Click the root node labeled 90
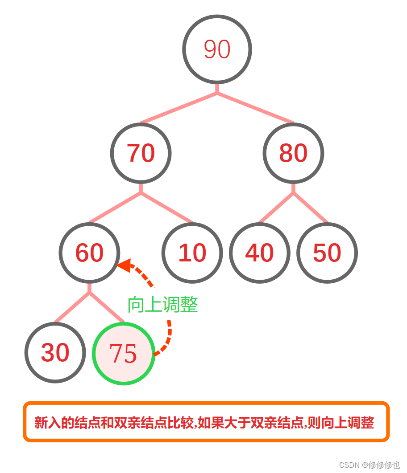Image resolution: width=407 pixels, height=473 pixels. point(217,49)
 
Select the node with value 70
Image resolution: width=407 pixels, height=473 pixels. point(141,153)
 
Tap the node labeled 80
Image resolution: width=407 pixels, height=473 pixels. point(293,153)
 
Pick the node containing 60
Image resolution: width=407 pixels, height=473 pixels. point(89,253)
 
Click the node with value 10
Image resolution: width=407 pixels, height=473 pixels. point(192,253)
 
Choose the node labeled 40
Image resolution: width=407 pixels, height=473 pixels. point(259,253)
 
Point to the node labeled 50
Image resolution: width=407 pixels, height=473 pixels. point(327,253)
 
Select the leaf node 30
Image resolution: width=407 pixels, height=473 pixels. point(55,352)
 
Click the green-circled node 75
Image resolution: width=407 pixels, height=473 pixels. point(123,353)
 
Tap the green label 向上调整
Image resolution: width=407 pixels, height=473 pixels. point(162,305)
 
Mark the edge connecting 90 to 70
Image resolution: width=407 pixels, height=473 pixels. point(179,107)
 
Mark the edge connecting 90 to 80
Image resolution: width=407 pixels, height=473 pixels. point(255,107)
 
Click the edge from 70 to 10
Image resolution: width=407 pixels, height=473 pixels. point(166,207)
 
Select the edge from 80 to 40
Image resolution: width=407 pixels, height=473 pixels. point(276,207)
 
